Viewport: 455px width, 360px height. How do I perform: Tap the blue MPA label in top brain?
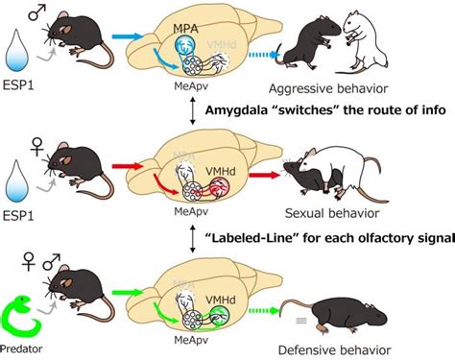pos(186,29)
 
